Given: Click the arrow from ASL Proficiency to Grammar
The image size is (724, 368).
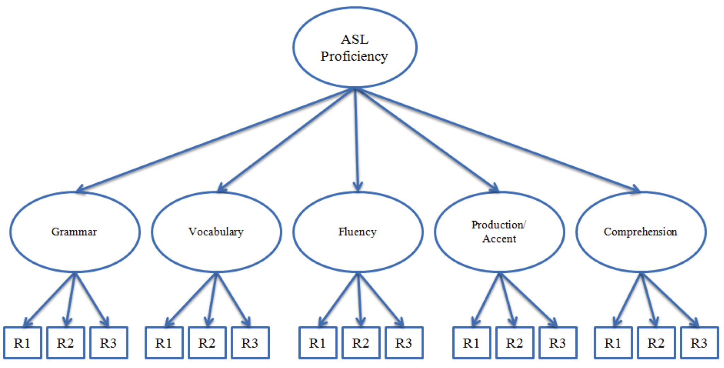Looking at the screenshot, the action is pos(216,140).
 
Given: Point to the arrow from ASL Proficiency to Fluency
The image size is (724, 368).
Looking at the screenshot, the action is pos(357,140).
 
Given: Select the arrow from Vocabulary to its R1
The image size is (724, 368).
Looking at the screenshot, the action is pos(191,300).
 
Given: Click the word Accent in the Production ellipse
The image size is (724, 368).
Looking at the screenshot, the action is pos(499,239).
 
